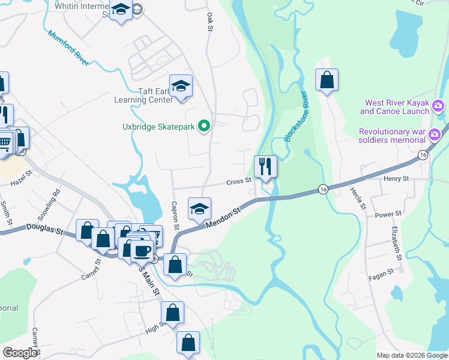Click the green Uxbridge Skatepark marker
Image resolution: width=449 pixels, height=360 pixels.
coord(204,126)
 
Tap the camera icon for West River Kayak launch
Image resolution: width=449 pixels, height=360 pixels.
coord(438,106)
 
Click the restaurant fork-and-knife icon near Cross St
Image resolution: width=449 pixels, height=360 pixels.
coord(265,165)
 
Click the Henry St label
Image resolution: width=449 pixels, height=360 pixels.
coord(396,179)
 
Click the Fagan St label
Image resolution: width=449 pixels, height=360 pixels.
coord(382,271)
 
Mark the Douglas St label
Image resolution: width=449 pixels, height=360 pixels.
coord(44,228)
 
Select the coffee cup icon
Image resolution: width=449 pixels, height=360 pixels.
coord(142,250)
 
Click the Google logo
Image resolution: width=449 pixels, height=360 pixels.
coord(20,353)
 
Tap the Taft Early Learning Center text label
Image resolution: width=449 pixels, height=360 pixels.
coord(143,96)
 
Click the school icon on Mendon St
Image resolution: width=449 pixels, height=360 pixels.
coord(200,208)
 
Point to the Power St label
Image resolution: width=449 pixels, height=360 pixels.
coord(388,214)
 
